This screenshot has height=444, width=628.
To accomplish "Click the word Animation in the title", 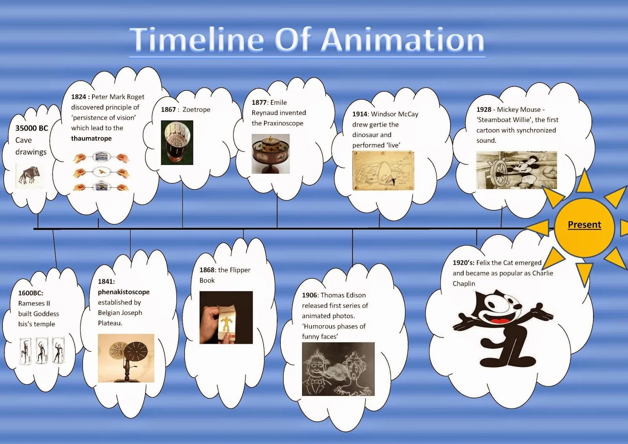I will click(x=403, y=40).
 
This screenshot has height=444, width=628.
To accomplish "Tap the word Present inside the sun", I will click(x=584, y=225).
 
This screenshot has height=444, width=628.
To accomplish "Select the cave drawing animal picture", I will click(x=29, y=175).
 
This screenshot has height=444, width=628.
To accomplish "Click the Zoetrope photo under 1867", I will click(x=177, y=143).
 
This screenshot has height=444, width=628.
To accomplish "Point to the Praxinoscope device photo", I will click(x=270, y=154).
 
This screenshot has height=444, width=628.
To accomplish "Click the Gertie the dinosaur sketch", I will click(x=383, y=171).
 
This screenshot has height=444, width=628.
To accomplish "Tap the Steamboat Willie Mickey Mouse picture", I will click(x=517, y=170).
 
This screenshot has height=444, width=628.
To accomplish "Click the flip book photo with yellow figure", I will click(x=226, y=318).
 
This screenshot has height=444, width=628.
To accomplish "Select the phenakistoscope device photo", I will click(x=126, y=358).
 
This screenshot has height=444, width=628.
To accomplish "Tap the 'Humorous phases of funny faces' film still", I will click(x=338, y=369).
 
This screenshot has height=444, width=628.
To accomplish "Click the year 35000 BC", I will click(x=32, y=128).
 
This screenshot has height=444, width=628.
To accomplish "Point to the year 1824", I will click(x=78, y=97).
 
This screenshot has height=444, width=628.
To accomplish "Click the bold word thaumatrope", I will click(x=91, y=138).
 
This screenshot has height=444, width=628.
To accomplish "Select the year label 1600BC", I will click(x=31, y=293).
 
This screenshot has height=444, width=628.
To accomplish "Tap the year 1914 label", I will click(x=360, y=114).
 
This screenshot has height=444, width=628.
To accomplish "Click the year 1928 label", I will click(x=484, y=110).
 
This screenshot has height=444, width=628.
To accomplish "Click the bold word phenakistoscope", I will click(x=124, y=292).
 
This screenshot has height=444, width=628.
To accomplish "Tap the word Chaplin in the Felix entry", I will click(x=464, y=283).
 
